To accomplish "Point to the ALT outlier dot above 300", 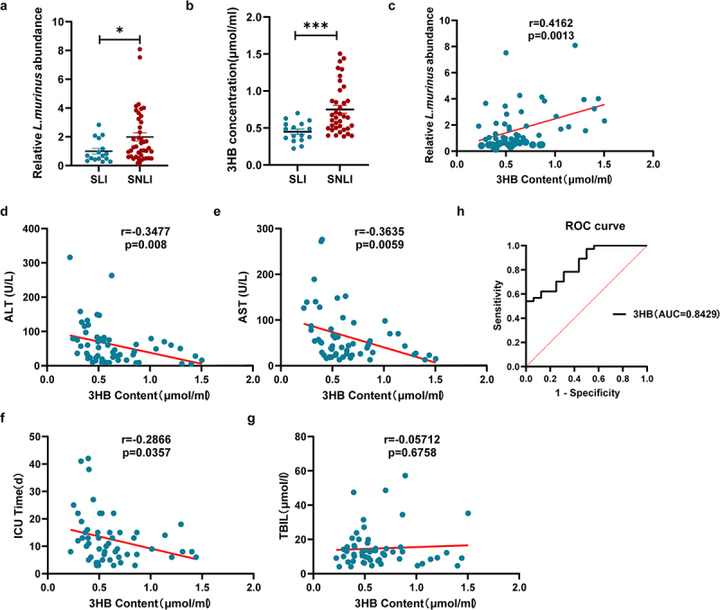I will click(70, 257).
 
